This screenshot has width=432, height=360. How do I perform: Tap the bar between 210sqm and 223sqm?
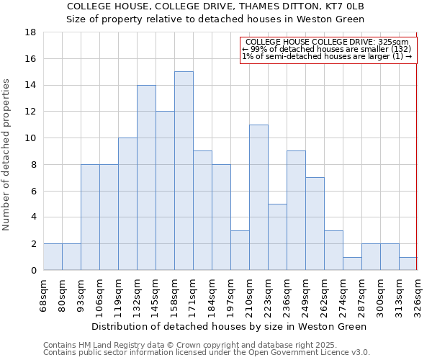pos(258,197)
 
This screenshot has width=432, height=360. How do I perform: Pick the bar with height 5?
pos(277,237)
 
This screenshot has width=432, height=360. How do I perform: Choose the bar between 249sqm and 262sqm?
pos(315,223)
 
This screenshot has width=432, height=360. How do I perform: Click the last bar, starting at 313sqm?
pos(408,264)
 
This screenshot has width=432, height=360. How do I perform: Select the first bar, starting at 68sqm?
pos(53,257)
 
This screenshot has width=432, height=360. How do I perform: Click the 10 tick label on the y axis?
pos(32,138)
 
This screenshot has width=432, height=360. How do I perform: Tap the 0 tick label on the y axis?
pos(34,271)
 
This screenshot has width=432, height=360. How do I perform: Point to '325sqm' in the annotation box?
pos(395,42)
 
